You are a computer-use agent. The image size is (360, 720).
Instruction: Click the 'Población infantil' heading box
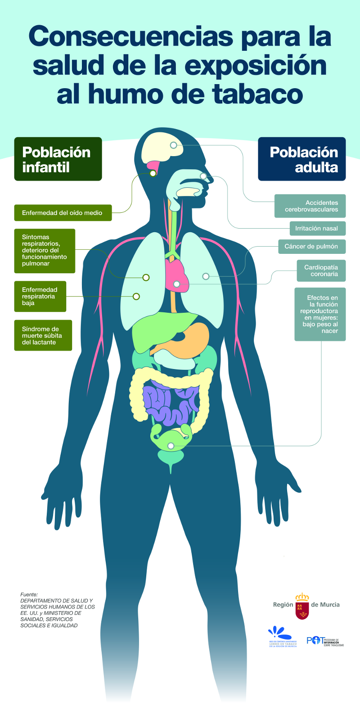(58, 159)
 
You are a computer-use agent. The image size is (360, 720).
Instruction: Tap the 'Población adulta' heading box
(301, 159)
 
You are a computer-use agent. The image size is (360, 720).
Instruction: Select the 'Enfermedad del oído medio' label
(63, 213)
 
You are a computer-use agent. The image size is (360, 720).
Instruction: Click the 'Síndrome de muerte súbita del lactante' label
(43, 335)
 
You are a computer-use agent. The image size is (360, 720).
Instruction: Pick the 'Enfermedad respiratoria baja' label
(40, 296)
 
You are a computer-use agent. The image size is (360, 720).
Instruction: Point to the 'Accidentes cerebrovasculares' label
(310, 206)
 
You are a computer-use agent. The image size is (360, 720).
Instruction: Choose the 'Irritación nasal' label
(317, 228)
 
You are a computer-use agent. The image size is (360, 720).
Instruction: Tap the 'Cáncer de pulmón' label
(311, 246)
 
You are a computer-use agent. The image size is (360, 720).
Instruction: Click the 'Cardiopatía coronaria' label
(321, 270)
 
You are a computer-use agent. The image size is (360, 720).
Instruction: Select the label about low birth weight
(320, 314)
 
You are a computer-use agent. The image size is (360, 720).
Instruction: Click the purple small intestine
(169, 403)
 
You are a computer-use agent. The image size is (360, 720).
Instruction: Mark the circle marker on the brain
(173, 145)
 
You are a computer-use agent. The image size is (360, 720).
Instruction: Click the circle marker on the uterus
(171, 446)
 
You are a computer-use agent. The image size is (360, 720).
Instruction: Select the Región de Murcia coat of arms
(302, 606)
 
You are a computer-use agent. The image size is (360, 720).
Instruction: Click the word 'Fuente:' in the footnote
(29, 594)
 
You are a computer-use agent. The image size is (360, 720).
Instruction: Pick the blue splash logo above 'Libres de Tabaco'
(276, 632)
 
